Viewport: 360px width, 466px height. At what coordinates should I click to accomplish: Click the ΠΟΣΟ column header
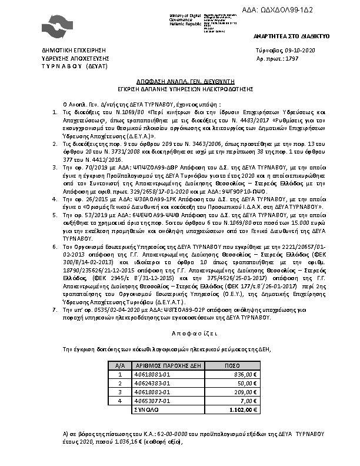(232, 365)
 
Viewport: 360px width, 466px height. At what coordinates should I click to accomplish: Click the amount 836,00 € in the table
(246, 374)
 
